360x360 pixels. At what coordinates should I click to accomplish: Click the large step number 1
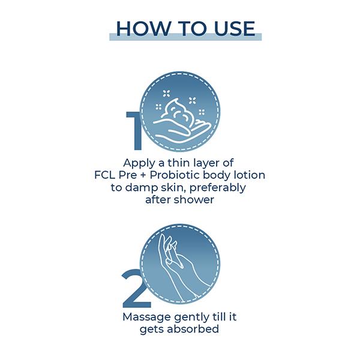(134, 131)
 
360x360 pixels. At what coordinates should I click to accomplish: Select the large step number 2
(136, 288)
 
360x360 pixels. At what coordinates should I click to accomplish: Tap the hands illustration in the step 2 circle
(181, 266)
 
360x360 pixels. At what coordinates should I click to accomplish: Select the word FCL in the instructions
(104, 175)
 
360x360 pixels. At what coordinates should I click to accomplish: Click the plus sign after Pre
(143, 176)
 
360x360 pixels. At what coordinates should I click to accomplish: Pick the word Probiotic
(175, 176)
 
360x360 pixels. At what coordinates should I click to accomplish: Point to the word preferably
(218, 188)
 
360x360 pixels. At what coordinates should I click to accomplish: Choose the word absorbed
(193, 329)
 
